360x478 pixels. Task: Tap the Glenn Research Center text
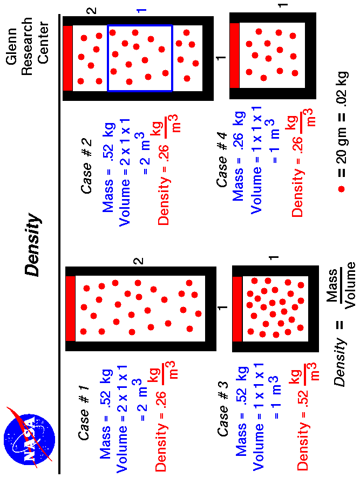27,40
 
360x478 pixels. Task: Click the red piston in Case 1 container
70,309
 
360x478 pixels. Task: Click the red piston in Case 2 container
67,58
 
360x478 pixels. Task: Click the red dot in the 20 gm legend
341,189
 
